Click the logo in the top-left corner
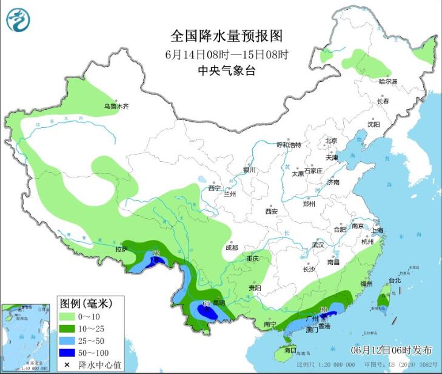tap(18, 20)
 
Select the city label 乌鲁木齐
tap(116, 107)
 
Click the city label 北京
tap(330, 141)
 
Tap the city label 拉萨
tap(121, 249)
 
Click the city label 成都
tap(231, 248)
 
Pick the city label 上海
tap(378, 230)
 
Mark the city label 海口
tap(290, 350)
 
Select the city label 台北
tap(395, 281)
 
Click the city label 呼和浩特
tap(289, 145)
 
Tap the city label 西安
tap(271, 212)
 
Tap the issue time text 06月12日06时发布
tap(391, 350)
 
